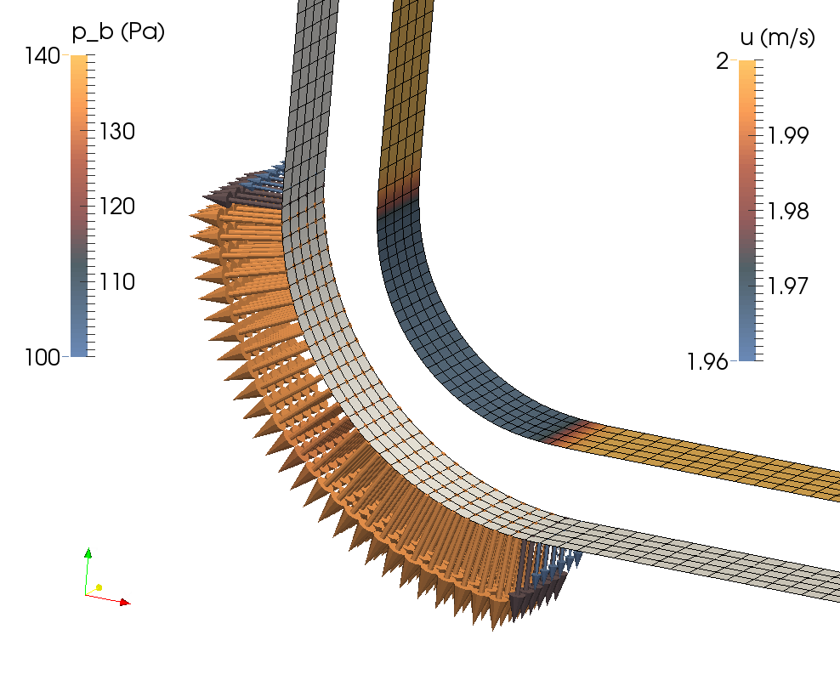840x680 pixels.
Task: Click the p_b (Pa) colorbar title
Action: click(118, 32)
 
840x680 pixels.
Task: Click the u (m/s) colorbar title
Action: click(777, 37)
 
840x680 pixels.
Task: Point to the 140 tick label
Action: click(43, 56)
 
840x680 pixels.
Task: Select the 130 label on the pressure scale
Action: click(117, 131)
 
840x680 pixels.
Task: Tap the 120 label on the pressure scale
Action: click(117, 207)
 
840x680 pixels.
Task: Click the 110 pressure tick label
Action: click(117, 281)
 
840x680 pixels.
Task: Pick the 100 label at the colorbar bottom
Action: click(43, 357)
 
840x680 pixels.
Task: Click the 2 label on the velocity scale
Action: click(722, 61)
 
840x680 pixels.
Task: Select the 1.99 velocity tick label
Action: click(788, 136)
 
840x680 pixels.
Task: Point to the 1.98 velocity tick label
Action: click(788, 211)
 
